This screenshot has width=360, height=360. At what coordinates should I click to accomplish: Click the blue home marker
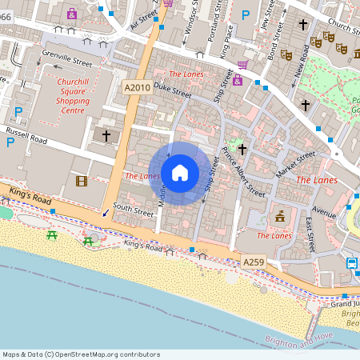[x=180, y=173]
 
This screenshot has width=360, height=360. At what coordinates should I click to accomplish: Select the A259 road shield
[x=254, y=262]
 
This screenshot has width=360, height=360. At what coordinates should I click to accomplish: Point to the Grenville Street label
[x=66, y=58]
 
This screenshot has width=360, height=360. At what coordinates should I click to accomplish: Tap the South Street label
[x=133, y=212]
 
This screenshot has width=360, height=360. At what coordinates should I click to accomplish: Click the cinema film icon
[x=81, y=181]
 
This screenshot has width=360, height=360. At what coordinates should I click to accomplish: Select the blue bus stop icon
[x=352, y=262]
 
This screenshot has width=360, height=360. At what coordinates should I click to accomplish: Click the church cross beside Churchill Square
[x=106, y=136]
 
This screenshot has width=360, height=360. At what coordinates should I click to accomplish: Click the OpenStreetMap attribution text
[x=81, y=354]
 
